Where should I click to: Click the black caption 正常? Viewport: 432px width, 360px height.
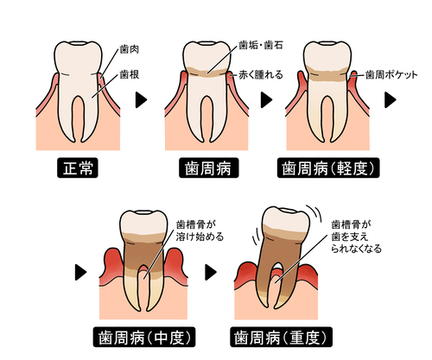78,167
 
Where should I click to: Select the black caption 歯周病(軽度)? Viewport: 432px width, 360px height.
328,167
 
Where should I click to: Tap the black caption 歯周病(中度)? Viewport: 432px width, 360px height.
144,337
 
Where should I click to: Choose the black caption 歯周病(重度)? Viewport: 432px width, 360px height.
281,337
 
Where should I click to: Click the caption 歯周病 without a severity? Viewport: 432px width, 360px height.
209,167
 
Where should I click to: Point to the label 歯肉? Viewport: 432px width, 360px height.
130,49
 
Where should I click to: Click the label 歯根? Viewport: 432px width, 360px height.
130,74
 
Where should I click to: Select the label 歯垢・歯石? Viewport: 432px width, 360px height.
261,46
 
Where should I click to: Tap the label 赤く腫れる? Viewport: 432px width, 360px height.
261,75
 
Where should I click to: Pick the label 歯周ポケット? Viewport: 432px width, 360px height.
391,75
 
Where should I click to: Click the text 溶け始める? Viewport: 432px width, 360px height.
200,237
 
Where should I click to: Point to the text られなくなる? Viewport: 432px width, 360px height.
356,249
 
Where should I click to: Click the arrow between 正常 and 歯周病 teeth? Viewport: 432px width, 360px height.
141,100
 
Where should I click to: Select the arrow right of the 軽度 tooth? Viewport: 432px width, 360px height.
391,100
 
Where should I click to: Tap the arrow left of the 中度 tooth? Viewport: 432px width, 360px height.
80,272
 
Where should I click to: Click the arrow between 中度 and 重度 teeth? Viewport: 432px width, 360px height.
211,272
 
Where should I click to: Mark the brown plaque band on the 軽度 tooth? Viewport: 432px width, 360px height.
327,74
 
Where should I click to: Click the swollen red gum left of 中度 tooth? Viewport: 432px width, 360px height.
113,265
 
